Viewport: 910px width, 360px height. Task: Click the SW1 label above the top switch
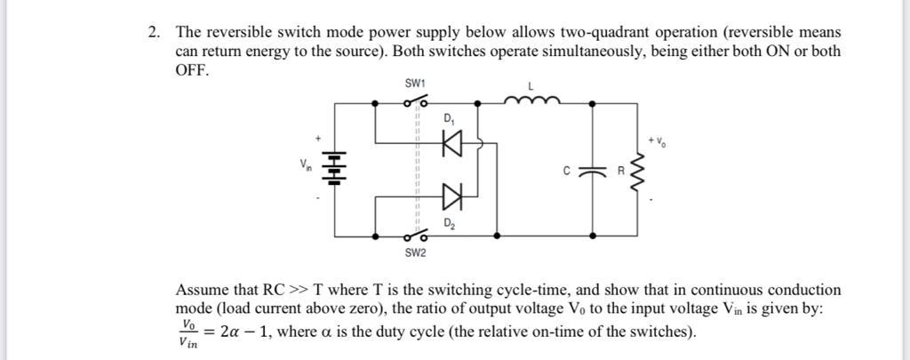415,84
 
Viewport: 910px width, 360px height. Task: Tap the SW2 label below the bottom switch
415,253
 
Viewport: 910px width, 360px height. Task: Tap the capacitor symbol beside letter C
592,169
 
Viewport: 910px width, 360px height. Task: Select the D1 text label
449,119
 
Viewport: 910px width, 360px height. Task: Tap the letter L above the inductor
531,85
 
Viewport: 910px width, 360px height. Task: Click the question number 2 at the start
153,33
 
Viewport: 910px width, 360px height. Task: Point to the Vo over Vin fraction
188,332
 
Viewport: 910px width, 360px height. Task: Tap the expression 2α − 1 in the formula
250,332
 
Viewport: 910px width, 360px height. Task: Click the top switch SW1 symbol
415,103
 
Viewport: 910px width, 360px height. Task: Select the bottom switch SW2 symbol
415,236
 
